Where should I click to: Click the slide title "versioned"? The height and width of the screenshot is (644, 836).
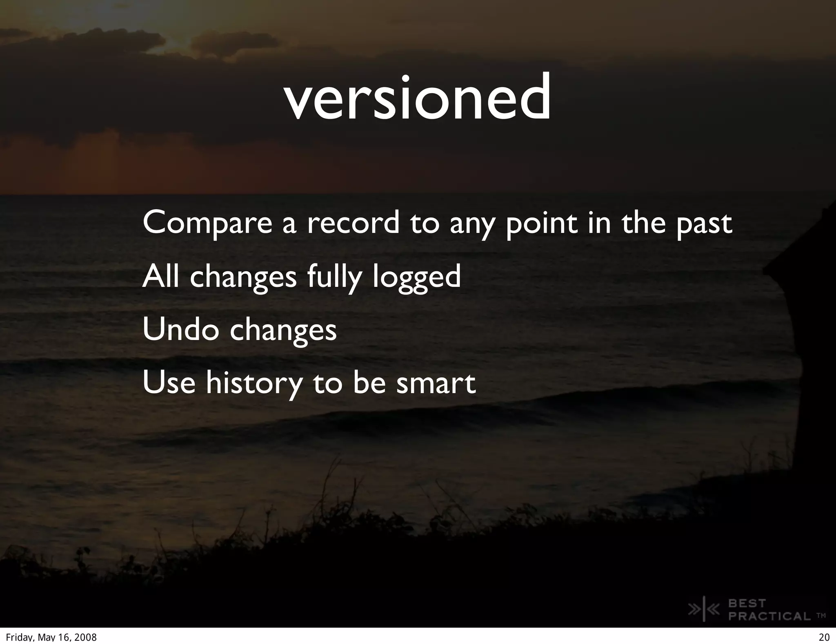417,99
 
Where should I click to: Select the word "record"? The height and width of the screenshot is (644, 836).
353,223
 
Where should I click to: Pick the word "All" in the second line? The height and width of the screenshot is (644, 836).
160,276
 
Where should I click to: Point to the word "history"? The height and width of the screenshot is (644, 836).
254,383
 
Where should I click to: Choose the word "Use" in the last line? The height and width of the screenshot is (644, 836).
169,383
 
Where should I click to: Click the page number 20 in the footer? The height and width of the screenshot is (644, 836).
824,637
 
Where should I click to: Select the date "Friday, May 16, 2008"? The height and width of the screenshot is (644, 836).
51,637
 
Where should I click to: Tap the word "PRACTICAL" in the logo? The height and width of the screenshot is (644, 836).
769,616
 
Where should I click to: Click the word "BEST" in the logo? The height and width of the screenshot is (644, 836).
747,603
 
